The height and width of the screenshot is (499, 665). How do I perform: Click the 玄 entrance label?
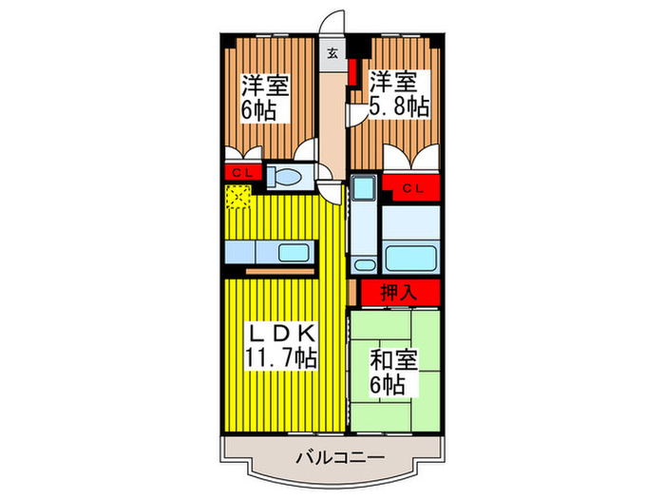[x=333, y=53]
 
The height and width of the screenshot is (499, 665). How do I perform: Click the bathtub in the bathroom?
[x=410, y=257]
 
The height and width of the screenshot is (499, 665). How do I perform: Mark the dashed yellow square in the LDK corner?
[x=237, y=197]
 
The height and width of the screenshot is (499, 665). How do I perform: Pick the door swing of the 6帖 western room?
[x=307, y=152]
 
